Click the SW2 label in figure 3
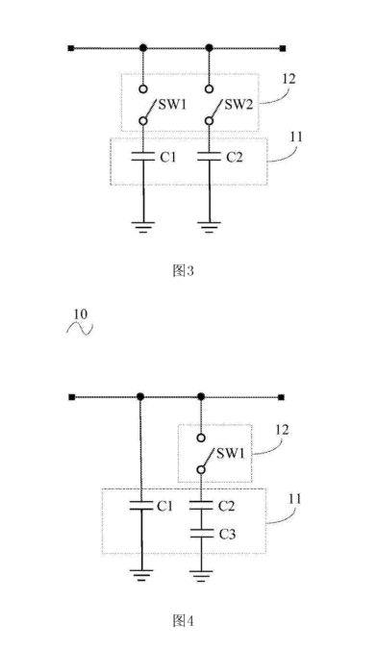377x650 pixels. (239, 104)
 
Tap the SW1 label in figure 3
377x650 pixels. (172, 104)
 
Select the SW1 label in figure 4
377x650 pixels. (231, 453)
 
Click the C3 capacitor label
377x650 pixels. (227, 534)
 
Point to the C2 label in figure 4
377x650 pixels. (226, 506)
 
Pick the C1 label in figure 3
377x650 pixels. (168, 157)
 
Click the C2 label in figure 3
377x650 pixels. (235, 157)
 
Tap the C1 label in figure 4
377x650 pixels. (164, 506)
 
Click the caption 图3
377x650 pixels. (183, 271)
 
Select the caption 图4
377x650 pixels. (183, 620)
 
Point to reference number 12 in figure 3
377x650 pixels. (289, 79)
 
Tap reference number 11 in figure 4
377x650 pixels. (294, 499)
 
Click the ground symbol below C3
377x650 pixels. (201, 575)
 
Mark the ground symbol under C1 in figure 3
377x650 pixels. (143, 227)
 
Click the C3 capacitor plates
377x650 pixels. (201, 534)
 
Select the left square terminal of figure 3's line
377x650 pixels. (71, 48)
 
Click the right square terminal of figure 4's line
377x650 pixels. (281, 397)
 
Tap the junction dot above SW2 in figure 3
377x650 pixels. (210, 48)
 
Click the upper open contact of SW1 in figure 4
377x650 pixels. (201, 437)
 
